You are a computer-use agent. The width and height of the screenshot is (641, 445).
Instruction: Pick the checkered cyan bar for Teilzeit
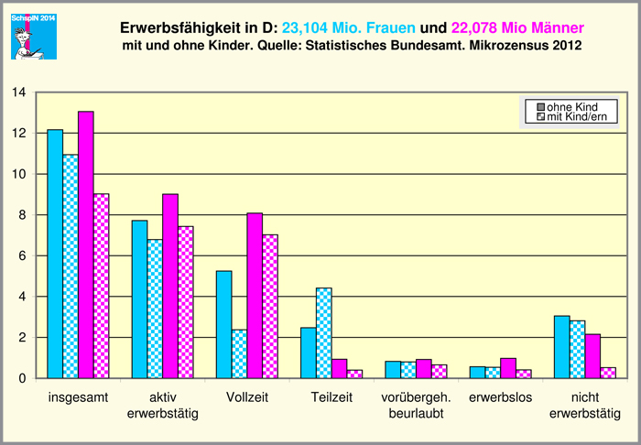[x=323, y=333]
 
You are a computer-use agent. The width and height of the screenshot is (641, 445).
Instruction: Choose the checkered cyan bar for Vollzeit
[x=239, y=353]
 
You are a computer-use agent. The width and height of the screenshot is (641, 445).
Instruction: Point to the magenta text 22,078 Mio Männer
[x=517, y=27]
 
